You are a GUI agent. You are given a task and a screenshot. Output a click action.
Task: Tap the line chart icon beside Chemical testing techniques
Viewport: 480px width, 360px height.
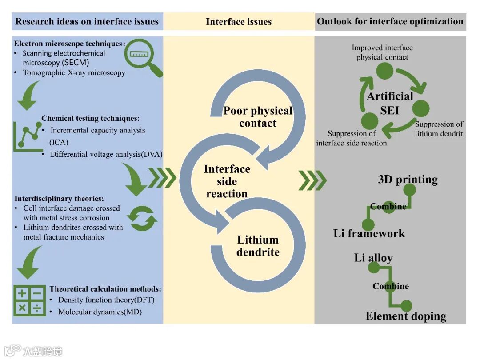click(27, 135)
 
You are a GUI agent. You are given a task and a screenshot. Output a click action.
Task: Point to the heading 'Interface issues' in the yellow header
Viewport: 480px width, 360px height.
click(239, 22)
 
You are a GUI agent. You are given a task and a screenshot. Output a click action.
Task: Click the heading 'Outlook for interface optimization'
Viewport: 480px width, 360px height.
click(390, 21)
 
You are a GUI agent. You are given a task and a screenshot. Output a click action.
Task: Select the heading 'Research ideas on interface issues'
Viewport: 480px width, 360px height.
click(87, 21)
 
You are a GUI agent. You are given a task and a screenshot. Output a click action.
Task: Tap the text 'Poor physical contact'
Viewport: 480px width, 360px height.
click(258, 117)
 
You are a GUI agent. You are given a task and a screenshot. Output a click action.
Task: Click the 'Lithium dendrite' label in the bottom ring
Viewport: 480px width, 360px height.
click(258, 246)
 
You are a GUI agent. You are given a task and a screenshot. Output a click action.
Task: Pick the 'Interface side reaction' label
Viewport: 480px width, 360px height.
click(227, 181)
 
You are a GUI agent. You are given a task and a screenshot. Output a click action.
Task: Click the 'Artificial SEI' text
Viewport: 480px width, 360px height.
click(389, 103)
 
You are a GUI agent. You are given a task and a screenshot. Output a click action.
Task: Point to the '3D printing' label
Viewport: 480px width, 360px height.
click(408, 180)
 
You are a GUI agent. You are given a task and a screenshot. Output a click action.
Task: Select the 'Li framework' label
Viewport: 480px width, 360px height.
click(369, 233)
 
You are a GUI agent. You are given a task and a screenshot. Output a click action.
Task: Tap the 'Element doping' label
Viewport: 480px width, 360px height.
click(405, 316)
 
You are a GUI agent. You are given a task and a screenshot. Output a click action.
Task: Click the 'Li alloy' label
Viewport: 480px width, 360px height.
click(373, 258)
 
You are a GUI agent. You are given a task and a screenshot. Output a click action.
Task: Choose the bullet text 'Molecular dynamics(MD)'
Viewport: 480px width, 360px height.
click(100, 312)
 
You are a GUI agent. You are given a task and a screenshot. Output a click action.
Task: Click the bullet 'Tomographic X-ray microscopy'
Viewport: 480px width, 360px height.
click(74, 72)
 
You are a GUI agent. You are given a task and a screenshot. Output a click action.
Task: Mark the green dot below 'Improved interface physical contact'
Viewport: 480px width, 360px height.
click(384, 71)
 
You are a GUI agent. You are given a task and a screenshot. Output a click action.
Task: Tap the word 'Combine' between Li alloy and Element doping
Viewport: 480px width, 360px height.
click(391, 286)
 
